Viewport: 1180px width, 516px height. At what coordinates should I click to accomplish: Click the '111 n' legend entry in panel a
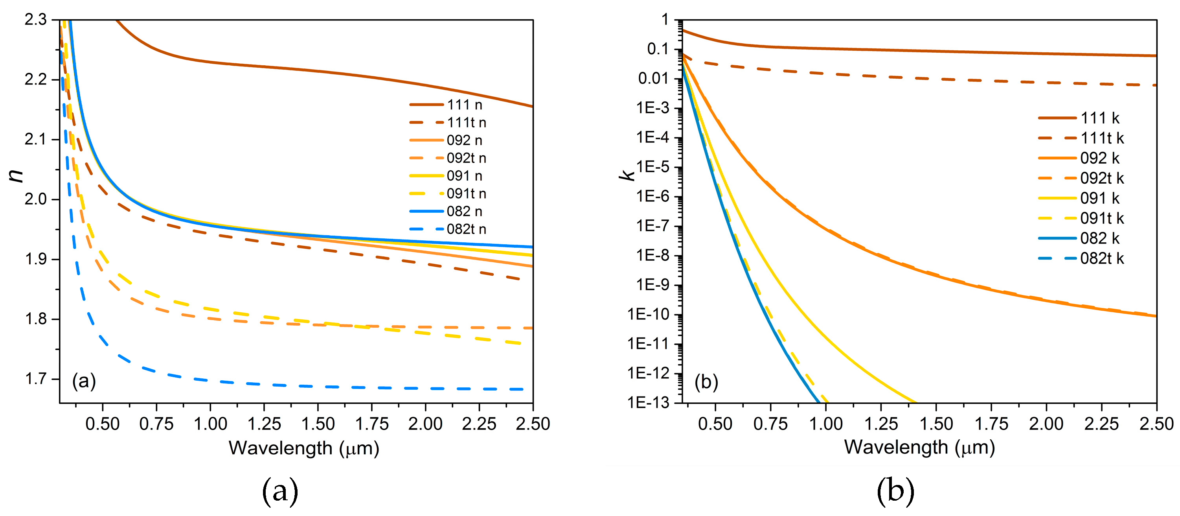[x=465, y=105]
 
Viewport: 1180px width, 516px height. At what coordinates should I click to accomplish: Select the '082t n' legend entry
[x=466, y=229]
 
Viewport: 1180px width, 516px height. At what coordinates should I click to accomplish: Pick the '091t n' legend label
[x=466, y=193]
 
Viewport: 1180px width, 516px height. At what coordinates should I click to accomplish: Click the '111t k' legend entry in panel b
[x=1102, y=138]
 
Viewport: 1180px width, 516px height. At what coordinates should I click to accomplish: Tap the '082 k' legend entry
[x=1100, y=238]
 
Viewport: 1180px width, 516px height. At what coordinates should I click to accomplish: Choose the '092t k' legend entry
[x=1102, y=178]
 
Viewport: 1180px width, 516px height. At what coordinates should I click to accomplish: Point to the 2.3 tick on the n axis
[x=36, y=20]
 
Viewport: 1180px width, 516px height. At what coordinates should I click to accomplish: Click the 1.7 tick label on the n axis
[x=36, y=379]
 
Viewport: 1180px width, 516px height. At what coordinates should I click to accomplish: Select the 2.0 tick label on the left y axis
[x=36, y=199]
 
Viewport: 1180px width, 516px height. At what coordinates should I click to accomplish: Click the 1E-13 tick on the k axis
[x=648, y=402]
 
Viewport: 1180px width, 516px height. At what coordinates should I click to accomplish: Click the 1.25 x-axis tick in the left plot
[x=264, y=424]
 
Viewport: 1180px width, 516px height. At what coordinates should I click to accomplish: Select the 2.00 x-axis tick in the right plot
[x=1046, y=424]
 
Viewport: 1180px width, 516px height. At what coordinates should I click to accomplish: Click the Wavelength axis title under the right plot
[x=919, y=447]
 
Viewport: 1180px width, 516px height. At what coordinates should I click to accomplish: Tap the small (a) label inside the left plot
[x=84, y=381]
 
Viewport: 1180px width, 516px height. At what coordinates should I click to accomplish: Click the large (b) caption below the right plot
[x=895, y=492]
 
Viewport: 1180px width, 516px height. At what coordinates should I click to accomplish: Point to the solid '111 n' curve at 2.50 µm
[x=532, y=106]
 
